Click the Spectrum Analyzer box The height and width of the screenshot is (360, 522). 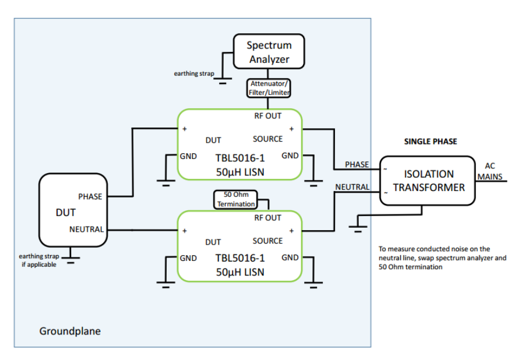pyautogui.click(x=269, y=52)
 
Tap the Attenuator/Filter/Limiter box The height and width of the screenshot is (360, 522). pyautogui.click(x=269, y=88)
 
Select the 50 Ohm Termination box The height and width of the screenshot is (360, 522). pyautogui.click(x=235, y=199)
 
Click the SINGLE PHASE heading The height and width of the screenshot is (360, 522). pyautogui.click(x=430, y=142)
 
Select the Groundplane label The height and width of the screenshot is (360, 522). pyautogui.click(x=70, y=331)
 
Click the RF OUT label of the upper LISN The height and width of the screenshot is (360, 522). pyautogui.click(x=267, y=115)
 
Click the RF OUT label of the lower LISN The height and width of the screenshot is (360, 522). pyautogui.click(x=267, y=218)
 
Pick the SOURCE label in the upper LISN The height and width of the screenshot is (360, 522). pyautogui.click(x=267, y=139)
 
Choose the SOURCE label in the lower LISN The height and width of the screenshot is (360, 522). pyautogui.click(x=267, y=241)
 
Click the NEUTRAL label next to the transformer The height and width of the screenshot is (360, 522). pyautogui.click(x=352, y=187)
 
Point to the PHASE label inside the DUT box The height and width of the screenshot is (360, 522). pyautogui.click(x=90, y=196)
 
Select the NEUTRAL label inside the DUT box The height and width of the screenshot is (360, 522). pyautogui.click(x=87, y=230)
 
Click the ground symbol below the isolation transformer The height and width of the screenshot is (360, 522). pyautogui.click(x=357, y=224)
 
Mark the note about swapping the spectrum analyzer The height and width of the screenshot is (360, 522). pyautogui.click(x=443, y=257)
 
